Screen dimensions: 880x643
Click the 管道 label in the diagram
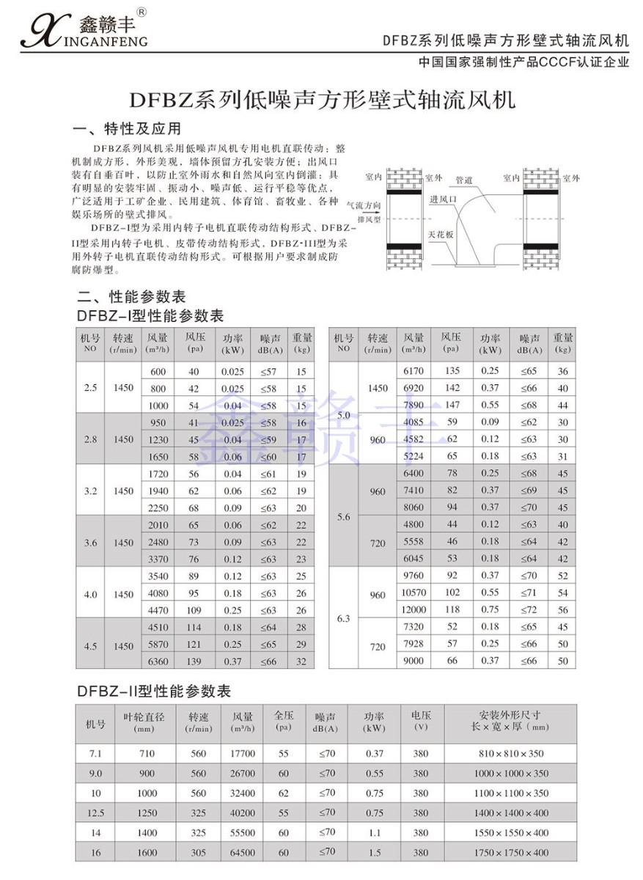[x=463, y=180]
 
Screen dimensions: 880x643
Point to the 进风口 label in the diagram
[x=443, y=199]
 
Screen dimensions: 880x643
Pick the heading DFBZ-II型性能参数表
[x=154, y=691]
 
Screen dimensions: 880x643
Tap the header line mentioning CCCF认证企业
[x=523, y=62]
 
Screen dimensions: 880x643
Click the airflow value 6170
[x=414, y=371]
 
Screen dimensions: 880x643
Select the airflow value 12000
[x=414, y=609]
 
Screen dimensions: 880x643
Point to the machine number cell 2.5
[x=90, y=388]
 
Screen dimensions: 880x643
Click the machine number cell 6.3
[x=343, y=618]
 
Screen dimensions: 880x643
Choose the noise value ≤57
[x=268, y=372]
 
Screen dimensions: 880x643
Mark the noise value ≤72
[x=529, y=609]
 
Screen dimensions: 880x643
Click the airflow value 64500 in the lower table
[x=243, y=852]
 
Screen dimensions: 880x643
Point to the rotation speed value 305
[x=199, y=852]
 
